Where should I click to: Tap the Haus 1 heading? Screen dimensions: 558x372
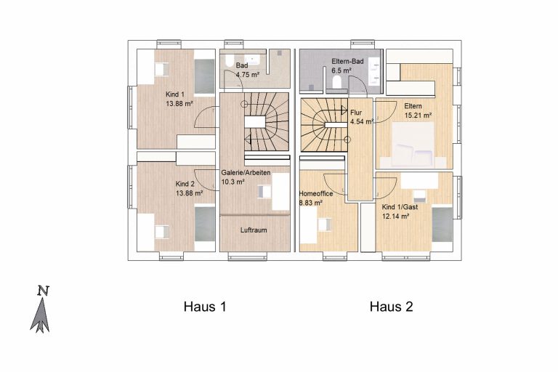(x=205, y=307)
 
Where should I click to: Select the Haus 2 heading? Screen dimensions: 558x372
(x=391, y=307)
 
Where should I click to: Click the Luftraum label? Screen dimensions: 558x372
(x=254, y=230)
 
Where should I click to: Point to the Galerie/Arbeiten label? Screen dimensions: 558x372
(x=246, y=173)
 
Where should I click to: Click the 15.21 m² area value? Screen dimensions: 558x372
(x=418, y=116)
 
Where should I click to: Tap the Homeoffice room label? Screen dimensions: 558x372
(x=316, y=194)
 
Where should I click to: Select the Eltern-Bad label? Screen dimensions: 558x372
(x=348, y=61)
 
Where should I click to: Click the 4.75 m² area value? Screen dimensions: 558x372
(x=248, y=74)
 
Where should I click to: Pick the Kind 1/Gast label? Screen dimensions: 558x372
(x=400, y=207)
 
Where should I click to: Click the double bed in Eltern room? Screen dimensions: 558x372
(x=413, y=144)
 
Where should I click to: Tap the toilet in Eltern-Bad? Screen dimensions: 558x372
(x=336, y=83)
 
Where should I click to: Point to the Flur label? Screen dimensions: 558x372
(x=356, y=113)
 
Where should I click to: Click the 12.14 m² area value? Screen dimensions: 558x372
(x=395, y=216)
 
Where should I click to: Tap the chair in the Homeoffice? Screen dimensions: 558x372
(x=324, y=225)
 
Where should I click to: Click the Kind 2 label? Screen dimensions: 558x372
(x=185, y=184)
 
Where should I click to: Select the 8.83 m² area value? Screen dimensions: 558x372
(x=311, y=203)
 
